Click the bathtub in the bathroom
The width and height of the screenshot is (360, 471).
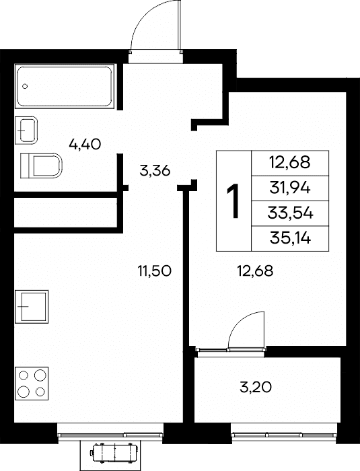click(65, 86)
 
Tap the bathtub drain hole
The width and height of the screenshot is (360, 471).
click(26, 87)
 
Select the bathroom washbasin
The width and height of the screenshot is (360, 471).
click(26, 130)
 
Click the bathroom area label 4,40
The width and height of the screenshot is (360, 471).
click(85, 145)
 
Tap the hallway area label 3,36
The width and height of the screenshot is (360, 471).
click(155, 171)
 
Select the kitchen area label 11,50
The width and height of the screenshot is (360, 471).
click(155, 271)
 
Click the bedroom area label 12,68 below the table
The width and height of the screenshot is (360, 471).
click(255, 271)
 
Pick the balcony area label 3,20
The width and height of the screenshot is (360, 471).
click(256, 387)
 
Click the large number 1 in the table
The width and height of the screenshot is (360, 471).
click(233, 201)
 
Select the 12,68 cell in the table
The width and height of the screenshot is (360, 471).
click(290, 163)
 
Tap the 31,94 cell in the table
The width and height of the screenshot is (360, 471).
click(290, 188)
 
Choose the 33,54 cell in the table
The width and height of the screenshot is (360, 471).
click(290, 213)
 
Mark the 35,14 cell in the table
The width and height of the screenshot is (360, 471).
click(290, 239)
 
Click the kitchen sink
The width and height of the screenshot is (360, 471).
click(32, 306)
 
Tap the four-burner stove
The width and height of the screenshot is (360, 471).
click(32, 384)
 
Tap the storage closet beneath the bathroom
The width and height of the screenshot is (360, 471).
click(66, 213)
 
